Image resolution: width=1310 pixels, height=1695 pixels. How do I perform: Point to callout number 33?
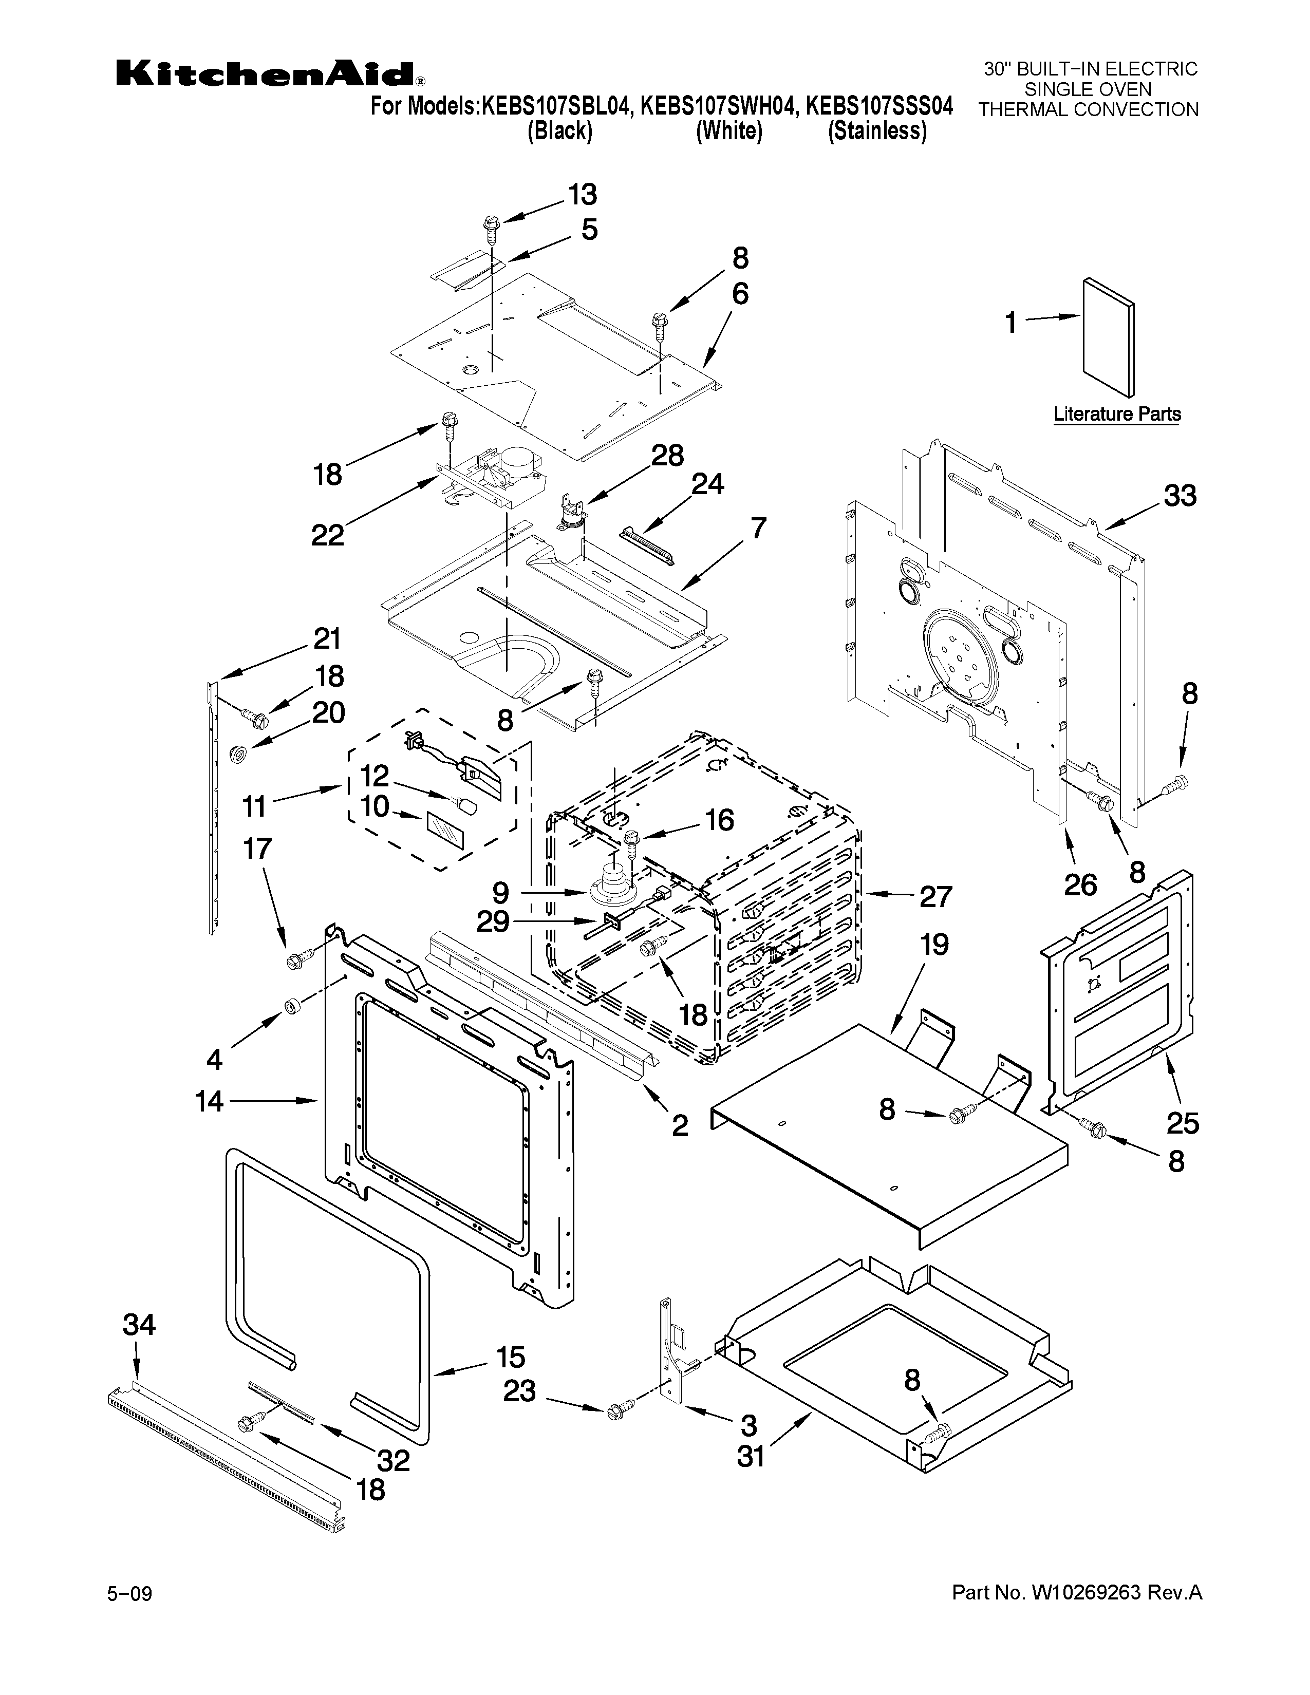[x=1180, y=495]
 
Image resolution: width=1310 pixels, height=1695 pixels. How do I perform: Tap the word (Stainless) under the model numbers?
[x=877, y=131]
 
